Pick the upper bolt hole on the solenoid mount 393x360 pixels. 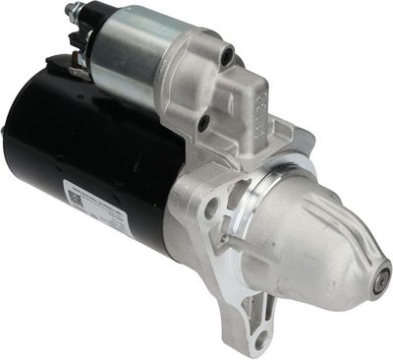(x=228, y=57)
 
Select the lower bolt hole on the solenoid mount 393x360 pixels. (x=203, y=124)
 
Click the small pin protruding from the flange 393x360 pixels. (x=225, y=238)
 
